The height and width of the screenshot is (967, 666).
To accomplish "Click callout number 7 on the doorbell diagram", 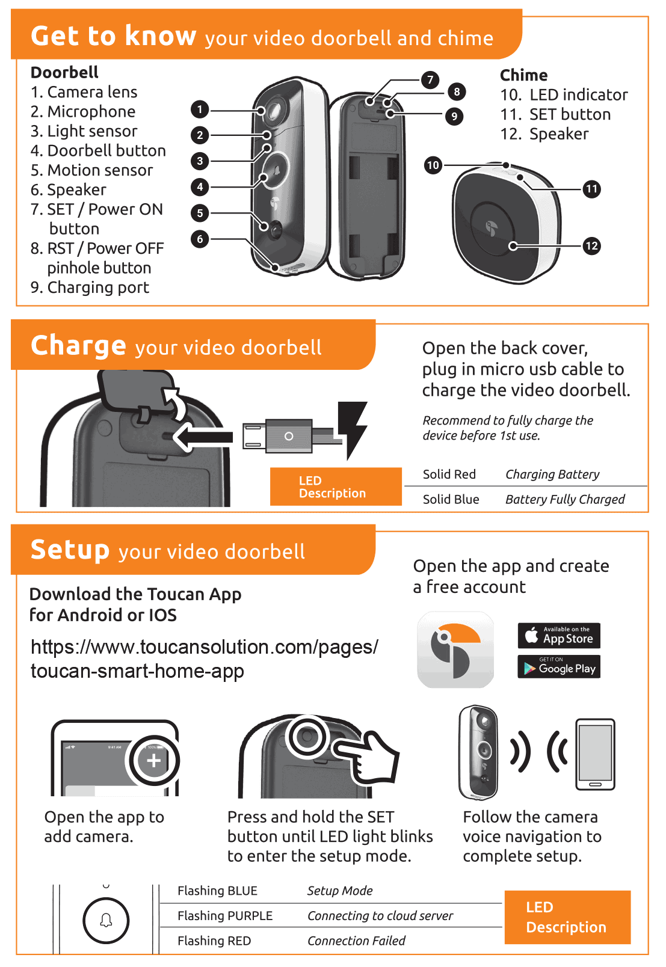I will click(430, 80).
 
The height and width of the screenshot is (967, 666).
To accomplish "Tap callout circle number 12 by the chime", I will click(591, 245).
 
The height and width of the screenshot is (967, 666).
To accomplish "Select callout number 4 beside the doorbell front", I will click(200, 187).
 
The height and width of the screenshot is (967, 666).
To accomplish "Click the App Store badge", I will click(559, 636).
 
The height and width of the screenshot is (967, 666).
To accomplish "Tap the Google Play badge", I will click(559, 667).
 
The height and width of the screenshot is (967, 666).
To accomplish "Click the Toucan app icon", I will click(455, 649).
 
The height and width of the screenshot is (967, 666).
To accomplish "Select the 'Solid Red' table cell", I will click(449, 474).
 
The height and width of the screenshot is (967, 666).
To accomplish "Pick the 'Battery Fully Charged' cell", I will click(564, 500).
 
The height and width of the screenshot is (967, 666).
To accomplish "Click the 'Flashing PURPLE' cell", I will click(225, 916).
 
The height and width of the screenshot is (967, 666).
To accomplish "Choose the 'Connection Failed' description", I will click(356, 941).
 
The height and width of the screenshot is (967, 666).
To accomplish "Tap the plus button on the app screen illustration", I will click(154, 761).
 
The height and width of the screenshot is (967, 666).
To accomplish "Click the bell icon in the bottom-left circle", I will click(106, 921).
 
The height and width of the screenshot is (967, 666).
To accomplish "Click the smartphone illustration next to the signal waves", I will click(595, 754).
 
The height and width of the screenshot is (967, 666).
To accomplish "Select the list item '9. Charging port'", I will click(90, 287).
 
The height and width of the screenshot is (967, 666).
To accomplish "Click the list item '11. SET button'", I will click(555, 114).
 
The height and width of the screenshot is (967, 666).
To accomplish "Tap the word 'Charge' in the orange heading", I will click(78, 346).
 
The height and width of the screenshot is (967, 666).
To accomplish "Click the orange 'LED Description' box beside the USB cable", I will click(335, 487).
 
